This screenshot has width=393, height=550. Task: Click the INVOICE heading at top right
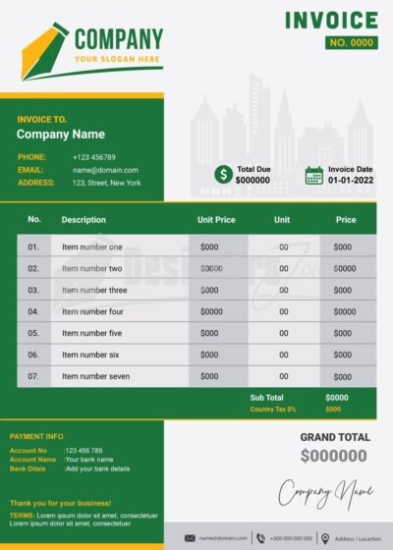point(331,21)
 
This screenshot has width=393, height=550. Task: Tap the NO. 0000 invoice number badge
point(351,42)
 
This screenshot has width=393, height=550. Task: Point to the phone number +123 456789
point(94,157)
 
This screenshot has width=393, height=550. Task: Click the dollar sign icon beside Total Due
point(224,175)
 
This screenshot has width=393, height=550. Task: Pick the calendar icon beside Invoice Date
point(314,175)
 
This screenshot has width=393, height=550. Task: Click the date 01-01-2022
point(351,181)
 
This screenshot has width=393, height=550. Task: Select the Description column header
point(84,220)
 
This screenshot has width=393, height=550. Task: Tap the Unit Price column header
point(216,220)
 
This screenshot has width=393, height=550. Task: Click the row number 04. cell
point(33,311)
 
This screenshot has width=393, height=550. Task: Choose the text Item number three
point(94,290)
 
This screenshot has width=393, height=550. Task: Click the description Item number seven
point(95,376)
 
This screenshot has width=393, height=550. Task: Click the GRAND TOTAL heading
point(335,437)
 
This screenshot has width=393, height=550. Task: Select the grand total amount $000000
point(334,456)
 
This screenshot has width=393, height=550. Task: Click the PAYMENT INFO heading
point(36,436)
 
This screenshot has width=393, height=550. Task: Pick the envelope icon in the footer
point(191,538)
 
